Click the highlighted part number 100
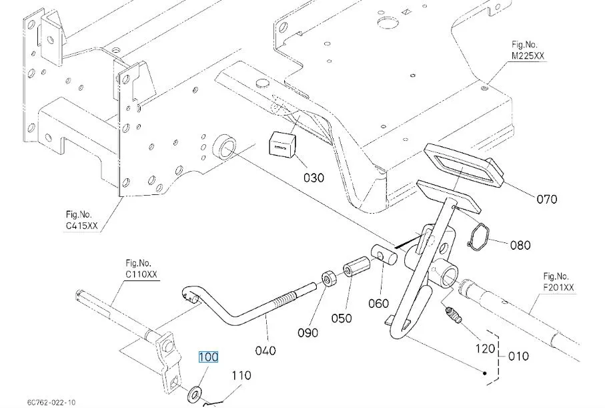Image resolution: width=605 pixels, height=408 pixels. pyautogui.click(x=208, y=357)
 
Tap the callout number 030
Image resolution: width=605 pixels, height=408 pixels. pyautogui.click(x=314, y=178)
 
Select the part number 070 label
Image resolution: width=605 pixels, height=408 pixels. pyautogui.click(x=547, y=199)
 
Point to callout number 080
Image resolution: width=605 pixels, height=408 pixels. pyautogui.click(x=520, y=245)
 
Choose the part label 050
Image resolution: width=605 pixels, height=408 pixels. pyautogui.click(x=341, y=319)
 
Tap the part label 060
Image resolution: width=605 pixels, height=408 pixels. pyautogui.click(x=378, y=303)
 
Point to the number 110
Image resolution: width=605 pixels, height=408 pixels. pyautogui.click(x=241, y=375)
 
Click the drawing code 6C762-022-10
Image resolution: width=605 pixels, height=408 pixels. pyautogui.click(x=52, y=402)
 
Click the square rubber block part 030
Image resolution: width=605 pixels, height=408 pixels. pyautogui.click(x=282, y=143)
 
